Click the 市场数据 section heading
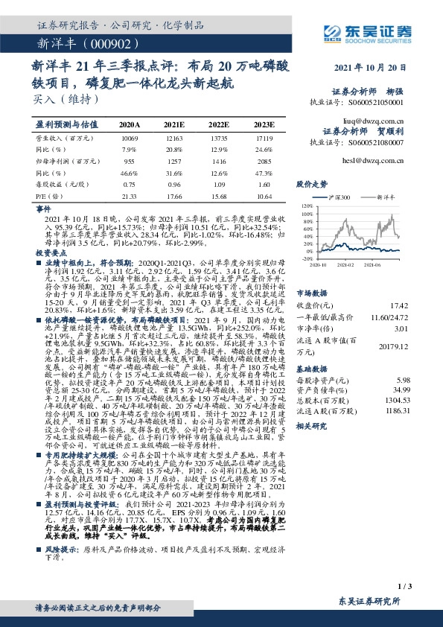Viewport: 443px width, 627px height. pyautogui.click(x=313, y=272)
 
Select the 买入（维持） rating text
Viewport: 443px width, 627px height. pyautogui.click(x=56, y=98)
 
